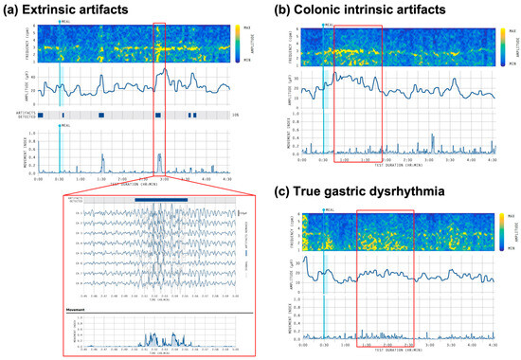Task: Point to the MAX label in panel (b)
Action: pyautogui.click(x=511, y=30)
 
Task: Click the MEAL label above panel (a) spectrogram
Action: pyautogui.click(x=64, y=21)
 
